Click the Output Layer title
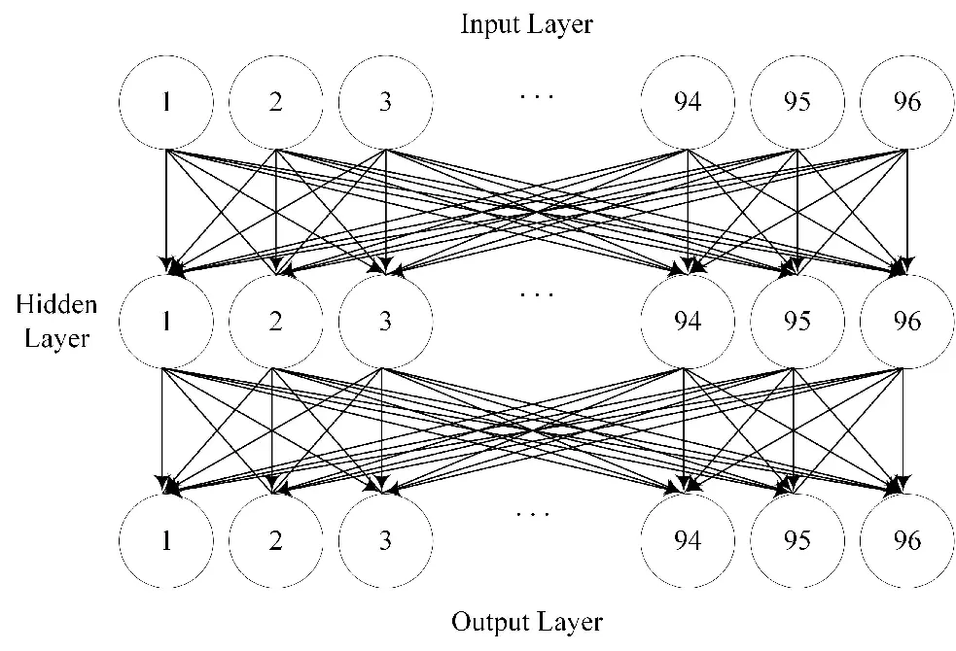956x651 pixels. [526, 621]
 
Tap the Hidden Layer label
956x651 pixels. [56, 322]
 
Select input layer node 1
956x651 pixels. [166, 102]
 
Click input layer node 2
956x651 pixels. [276, 102]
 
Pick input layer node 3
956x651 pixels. [386, 102]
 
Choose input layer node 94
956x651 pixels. [688, 102]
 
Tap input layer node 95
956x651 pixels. [797, 102]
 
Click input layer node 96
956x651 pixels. [906, 102]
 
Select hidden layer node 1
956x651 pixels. [166, 321]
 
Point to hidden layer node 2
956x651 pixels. [276, 321]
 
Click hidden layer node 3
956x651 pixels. [386, 321]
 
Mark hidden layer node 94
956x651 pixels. [688, 321]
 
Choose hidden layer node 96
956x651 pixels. [906, 321]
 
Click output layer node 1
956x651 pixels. [166, 539]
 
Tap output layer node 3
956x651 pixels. [386, 539]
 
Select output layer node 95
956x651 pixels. [797, 539]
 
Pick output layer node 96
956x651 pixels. [906, 539]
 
